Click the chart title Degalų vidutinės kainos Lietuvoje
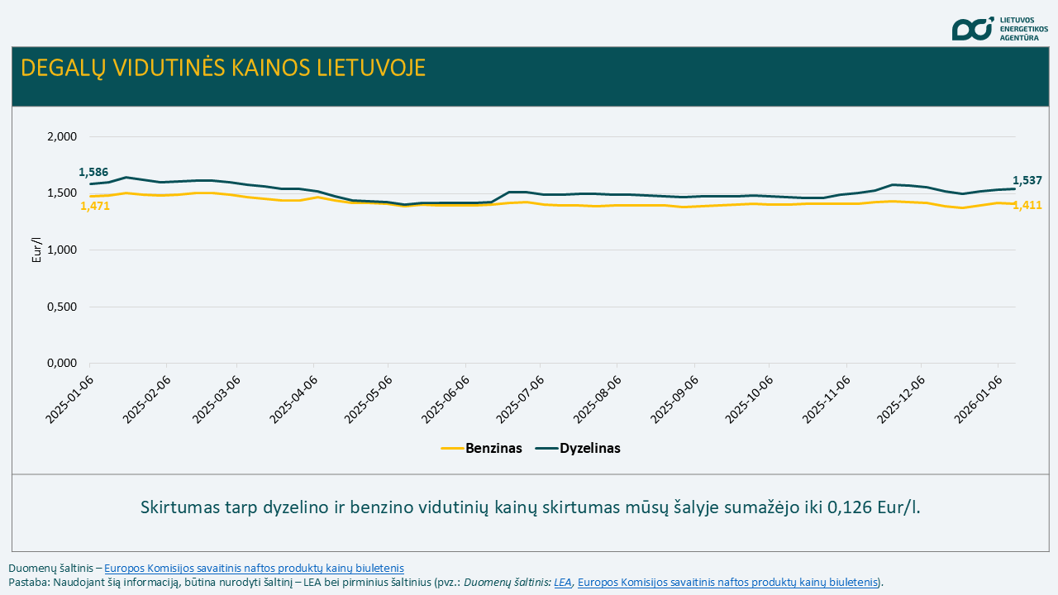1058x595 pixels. (223, 68)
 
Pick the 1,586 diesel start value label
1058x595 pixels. (93, 173)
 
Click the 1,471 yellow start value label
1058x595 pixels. (95, 206)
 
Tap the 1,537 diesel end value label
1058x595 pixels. (1027, 180)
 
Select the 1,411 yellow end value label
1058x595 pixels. (1027, 205)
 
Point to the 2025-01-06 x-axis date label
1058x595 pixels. (69, 400)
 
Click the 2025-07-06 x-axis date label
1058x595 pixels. (521, 400)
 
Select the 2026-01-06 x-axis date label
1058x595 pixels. (979, 400)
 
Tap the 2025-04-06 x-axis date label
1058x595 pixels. (295, 400)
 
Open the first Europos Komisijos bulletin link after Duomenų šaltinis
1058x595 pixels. (254, 568)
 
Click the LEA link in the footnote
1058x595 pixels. (563, 582)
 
